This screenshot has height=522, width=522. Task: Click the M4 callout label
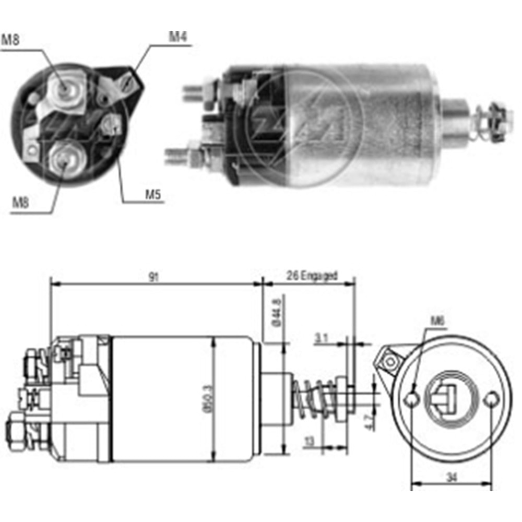pos(177,37)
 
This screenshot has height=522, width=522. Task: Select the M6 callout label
pos(437,321)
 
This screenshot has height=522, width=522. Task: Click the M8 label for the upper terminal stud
pos(11,40)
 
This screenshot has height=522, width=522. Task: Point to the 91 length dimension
pos(153,277)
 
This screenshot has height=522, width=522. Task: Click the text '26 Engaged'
pos(312,275)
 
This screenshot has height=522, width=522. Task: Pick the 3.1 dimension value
pos(321,338)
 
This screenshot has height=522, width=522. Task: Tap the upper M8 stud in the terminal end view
pos(64,90)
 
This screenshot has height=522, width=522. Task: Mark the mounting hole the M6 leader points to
pos(412,399)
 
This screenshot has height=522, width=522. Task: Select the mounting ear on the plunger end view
pos(389,360)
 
